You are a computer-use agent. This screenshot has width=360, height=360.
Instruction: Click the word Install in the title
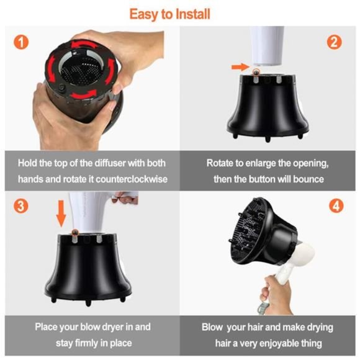pyautogui.click(x=192, y=14)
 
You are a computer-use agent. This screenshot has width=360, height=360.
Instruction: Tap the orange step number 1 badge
pyautogui.click(x=21, y=42)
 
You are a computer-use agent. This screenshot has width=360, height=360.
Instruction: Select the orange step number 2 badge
pyautogui.click(x=335, y=42)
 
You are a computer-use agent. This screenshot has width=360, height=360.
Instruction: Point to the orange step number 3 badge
pyautogui.click(x=21, y=206)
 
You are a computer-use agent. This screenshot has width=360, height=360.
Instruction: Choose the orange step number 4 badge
pyautogui.click(x=336, y=206)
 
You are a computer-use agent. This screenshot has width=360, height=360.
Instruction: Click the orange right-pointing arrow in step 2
pyautogui.click(x=240, y=67)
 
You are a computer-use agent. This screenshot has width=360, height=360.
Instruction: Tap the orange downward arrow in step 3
pyautogui.click(x=61, y=214)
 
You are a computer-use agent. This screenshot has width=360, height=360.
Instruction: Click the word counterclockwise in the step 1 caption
pyautogui.click(x=132, y=179)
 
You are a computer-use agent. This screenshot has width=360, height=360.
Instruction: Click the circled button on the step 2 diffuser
pyautogui.click(x=256, y=73)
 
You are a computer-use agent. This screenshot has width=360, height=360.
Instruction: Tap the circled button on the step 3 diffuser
pyautogui.click(x=74, y=233)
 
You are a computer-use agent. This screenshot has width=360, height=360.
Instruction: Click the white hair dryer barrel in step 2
pyautogui.click(x=267, y=46)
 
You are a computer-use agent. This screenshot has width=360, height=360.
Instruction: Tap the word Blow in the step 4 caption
pyautogui.click(x=212, y=327)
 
